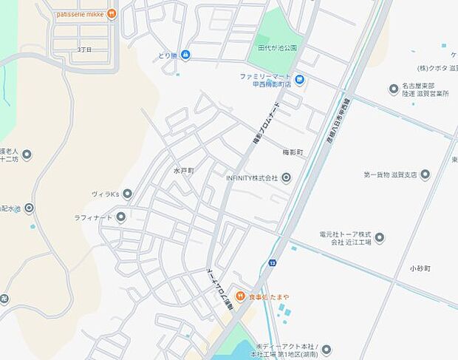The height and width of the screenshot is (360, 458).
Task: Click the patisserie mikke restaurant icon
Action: coord(112,13)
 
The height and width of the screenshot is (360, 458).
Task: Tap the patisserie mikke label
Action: coord(80,13)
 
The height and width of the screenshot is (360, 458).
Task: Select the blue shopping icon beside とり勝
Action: coord(185,55)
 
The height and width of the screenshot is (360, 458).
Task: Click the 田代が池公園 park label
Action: coord(277,48)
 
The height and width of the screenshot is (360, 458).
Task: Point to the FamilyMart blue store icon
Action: coord(299,79)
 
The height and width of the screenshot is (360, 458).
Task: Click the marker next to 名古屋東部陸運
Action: coord(394,89)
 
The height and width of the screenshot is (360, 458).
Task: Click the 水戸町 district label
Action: coord(183,170)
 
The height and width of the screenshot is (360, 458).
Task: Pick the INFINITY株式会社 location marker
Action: coord(286,177)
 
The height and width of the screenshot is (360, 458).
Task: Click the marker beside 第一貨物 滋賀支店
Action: coord(425,175)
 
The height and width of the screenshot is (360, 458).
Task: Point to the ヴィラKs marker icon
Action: coord(127,194)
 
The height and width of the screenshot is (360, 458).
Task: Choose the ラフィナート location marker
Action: coord(120,217)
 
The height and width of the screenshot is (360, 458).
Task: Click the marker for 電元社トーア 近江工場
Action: coord(380,237)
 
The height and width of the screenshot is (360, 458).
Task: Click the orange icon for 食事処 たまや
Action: coord(240,296)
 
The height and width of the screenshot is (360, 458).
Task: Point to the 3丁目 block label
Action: coord(85,50)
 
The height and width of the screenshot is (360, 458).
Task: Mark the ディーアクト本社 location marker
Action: coord(326,350)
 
